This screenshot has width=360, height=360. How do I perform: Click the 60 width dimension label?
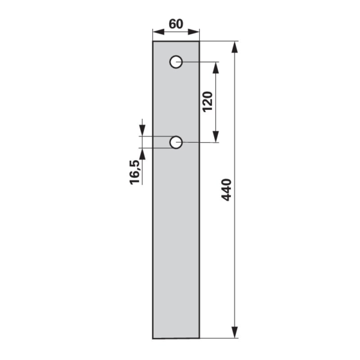pyautogui.click(x=176, y=24)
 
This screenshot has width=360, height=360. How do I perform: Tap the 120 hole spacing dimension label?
pyautogui.click(x=208, y=102)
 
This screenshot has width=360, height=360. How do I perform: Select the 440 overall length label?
pyautogui.click(x=226, y=190)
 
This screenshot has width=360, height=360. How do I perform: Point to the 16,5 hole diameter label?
pyautogui.click(x=135, y=172)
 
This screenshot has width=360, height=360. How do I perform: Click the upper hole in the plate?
pyautogui.click(x=176, y=62)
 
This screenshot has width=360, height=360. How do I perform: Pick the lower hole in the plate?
pyautogui.click(x=176, y=142)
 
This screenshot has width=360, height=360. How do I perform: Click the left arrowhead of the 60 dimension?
pyautogui.click(x=158, y=32)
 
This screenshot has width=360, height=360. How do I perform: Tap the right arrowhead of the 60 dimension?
pyautogui.click(x=194, y=32)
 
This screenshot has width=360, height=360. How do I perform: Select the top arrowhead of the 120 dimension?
pyautogui.click(x=215, y=68)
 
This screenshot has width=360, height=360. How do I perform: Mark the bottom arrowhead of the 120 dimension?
pyautogui.click(x=215, y=137)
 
